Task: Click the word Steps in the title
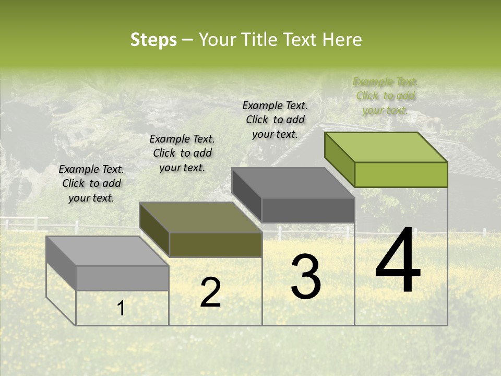click(153, 40)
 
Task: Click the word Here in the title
click(342, 40)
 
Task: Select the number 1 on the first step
click(121, 309)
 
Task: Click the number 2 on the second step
click(210, 292)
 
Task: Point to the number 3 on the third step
click(306, 277)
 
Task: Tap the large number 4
click(398, 261)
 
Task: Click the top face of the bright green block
click(386, 147)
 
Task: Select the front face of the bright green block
click(401, 174)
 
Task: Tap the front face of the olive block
click(216, 244)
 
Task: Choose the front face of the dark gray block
click(308, 210)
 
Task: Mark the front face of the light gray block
click(122, 278)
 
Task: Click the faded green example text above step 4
click(385, 96)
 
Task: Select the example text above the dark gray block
click(275, 120)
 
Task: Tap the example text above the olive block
click(182, 153)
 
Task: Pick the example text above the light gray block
click(91, 183)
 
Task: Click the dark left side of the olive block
click(154, 230)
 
